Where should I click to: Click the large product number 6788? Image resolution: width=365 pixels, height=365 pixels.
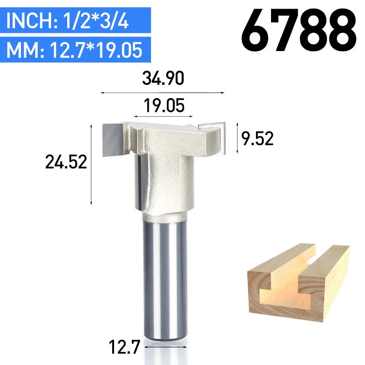[x=299, y=30]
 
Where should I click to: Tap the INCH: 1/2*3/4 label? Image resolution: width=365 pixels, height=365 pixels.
[x=68, y=21]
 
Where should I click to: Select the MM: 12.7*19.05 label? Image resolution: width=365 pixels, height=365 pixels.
[x=74, y=50]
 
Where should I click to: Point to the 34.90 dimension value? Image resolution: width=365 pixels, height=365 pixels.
[x=163, y=78]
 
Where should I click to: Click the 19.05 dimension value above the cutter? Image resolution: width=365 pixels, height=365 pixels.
[x=164, y=105]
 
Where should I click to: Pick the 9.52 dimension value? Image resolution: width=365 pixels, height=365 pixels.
[x=257, y=139]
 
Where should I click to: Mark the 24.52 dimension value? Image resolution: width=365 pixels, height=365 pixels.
[x=66, y=162]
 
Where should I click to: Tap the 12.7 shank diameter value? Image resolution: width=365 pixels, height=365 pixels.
[x=124, y=347]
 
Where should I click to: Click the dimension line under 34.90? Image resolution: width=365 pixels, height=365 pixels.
[x=162, y=93]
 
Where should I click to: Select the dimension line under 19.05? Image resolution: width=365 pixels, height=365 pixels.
[x=163, y=116]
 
